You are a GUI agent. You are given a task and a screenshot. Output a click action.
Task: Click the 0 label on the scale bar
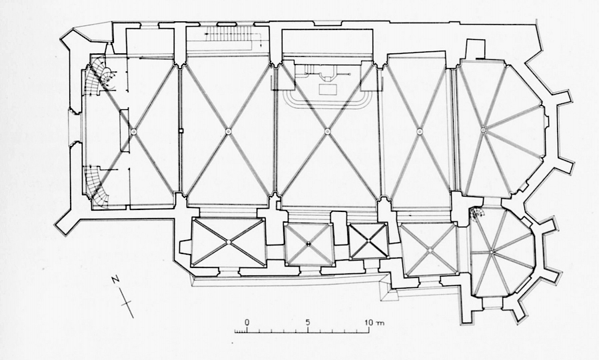(247, 322)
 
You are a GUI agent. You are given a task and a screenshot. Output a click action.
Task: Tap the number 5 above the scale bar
(308, 322)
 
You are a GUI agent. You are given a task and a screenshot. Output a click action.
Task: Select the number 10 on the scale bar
(368, 323)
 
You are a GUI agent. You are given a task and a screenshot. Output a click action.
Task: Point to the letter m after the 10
(380, 323)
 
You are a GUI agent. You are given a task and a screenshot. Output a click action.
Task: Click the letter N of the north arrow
(116, 279)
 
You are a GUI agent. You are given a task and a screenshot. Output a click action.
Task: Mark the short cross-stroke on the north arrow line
(127, 303)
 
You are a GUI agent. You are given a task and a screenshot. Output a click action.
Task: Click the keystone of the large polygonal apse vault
(483, 130)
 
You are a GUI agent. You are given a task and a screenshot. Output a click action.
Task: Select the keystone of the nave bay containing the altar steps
(327, 131)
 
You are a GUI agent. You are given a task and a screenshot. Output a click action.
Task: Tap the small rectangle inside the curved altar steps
(328, 90)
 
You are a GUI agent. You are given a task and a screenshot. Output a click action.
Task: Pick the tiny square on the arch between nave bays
(181, 131)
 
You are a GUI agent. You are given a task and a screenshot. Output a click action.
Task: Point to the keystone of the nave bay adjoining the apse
(419, 131)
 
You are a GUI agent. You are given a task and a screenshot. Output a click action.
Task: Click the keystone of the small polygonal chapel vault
(492, 251)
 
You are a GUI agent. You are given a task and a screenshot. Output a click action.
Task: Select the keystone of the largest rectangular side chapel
(229, 242)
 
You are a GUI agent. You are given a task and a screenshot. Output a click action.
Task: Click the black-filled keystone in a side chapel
(309, 243)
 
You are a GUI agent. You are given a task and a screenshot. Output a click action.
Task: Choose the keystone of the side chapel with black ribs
(368, 241)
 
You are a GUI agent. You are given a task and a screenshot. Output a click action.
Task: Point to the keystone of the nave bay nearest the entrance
(134, 131)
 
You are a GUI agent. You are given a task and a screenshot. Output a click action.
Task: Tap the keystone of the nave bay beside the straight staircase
(228, 131)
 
